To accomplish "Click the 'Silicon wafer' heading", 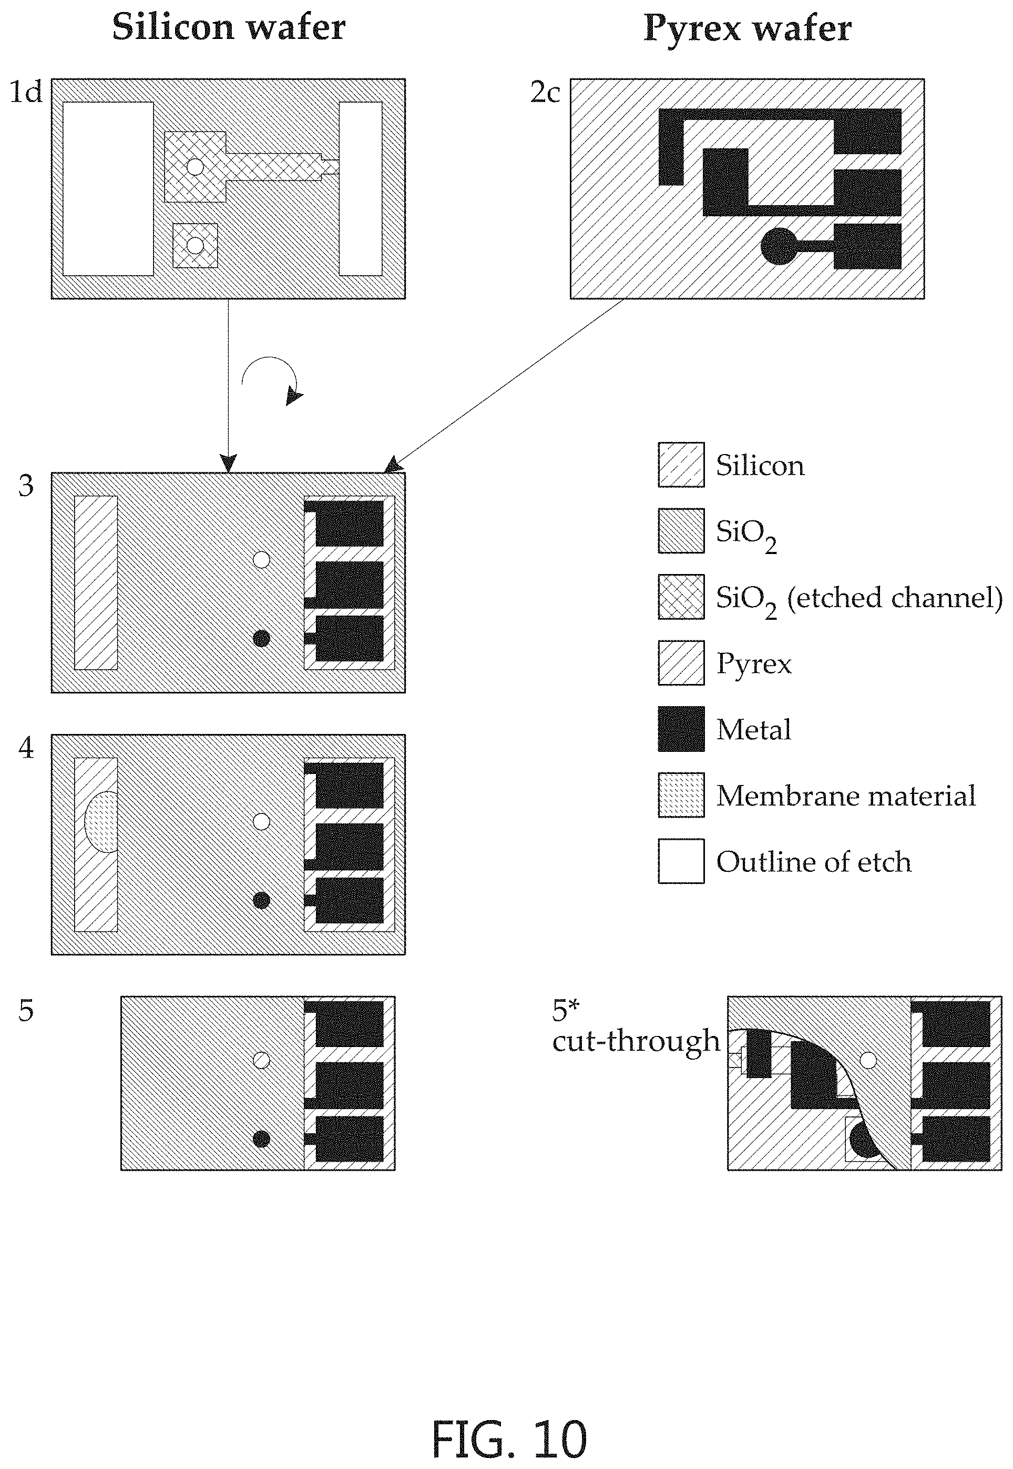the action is [229, 28].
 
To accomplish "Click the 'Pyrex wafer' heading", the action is [747, 29].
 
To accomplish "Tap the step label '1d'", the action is [25, 92].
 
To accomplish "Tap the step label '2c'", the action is [545, 93].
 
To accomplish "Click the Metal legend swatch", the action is [681, 729].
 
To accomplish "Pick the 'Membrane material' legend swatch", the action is [681, 795].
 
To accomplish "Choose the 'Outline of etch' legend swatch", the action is [681, 861].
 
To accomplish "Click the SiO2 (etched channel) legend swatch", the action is [681, 597].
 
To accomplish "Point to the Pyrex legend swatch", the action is [681, 663].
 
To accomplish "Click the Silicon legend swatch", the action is [681, 465].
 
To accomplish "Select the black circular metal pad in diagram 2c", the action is [779, 246].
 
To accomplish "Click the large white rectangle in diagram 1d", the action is [108, 189].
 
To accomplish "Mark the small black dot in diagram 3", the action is [261, 638].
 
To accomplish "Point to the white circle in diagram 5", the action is [261, 1061].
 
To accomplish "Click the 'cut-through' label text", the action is [636, 1041].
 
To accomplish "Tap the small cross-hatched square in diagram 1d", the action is [196, 245].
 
